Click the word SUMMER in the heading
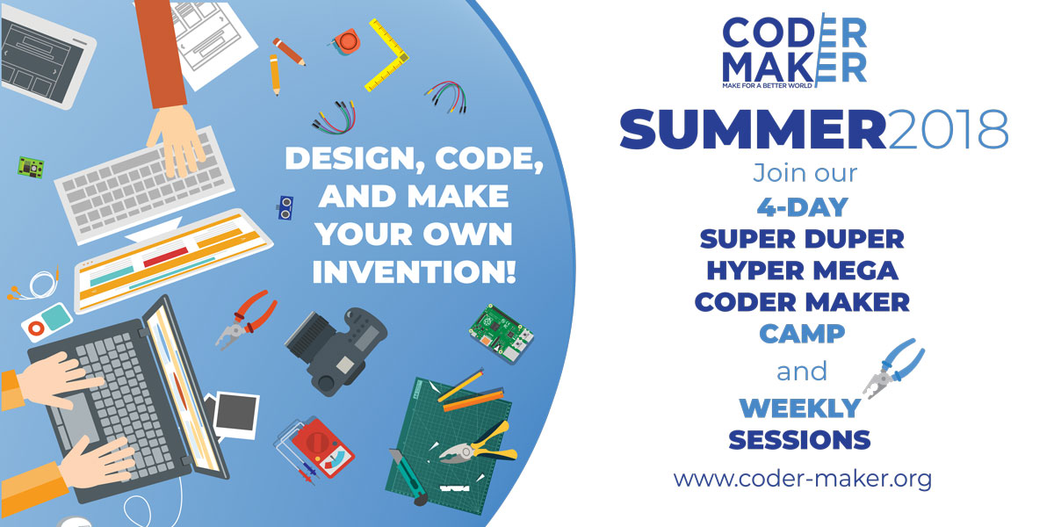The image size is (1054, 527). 753,129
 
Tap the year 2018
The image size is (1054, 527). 948,129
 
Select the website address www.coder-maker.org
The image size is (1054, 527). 802,480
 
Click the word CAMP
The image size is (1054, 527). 802,334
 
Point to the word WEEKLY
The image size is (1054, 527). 800,408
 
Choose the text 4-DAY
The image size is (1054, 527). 802,207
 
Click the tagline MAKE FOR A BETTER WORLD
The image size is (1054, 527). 767,86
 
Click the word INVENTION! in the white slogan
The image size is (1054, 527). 414,271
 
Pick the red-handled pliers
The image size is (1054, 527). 247,320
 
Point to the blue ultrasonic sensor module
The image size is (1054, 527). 285,207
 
